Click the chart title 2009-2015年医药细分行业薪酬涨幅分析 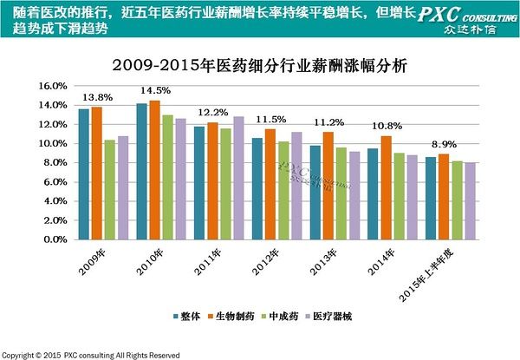[x=260, y=66]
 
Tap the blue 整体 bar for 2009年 [x=84, y=173]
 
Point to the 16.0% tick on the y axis [x=52, y=86]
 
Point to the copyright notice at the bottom [x=90, y=355]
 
